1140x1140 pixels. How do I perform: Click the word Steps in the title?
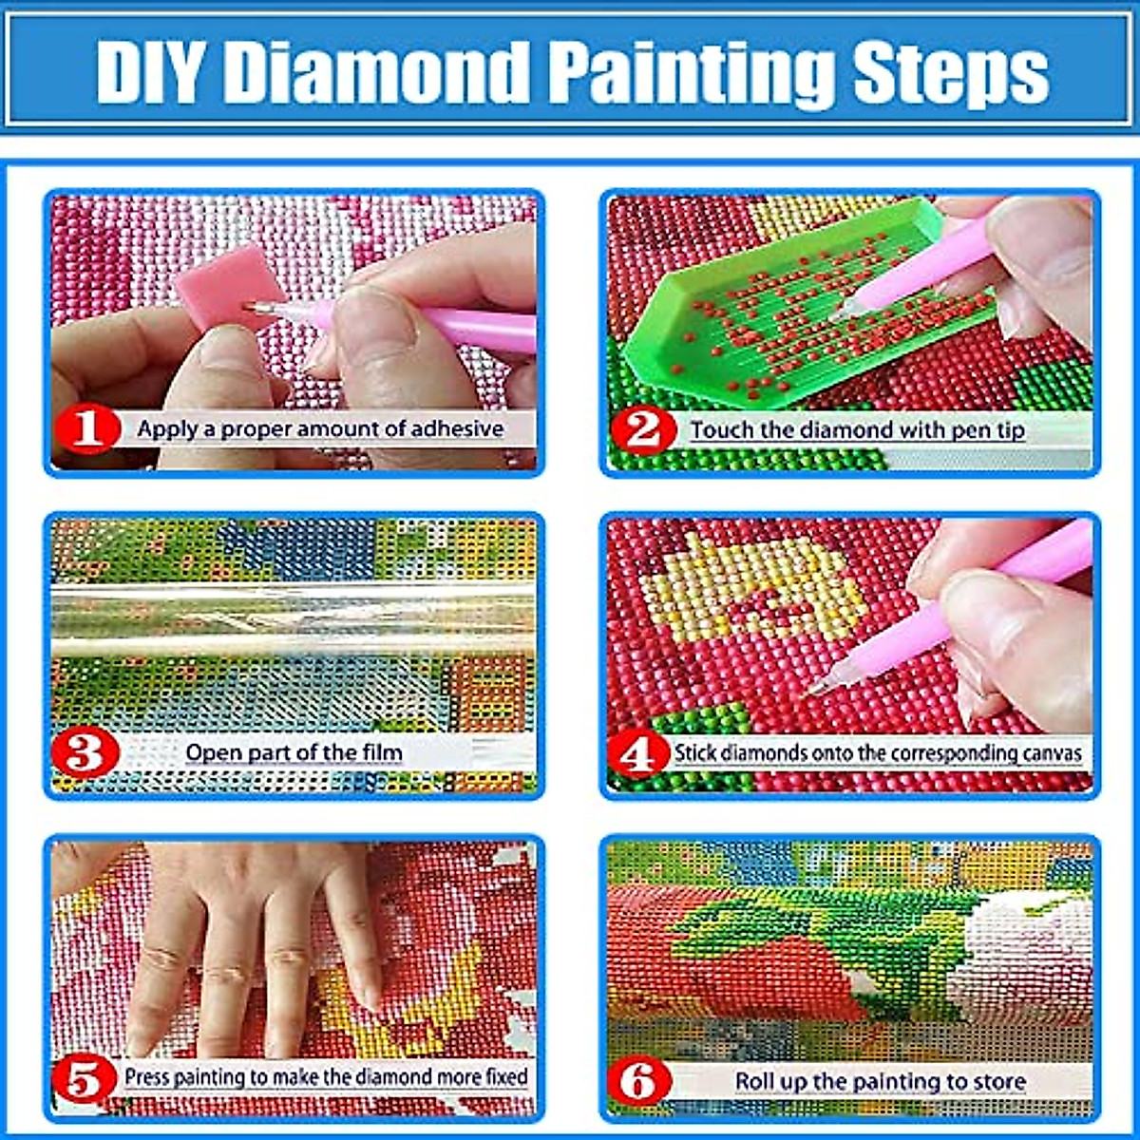tap(950, 71)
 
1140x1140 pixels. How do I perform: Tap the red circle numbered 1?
tap(87, 429)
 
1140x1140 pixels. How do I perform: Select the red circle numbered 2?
tap(643, 430)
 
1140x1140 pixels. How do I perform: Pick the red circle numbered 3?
tap(85, 754)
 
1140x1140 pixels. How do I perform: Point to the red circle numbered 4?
tap(637, 755)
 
